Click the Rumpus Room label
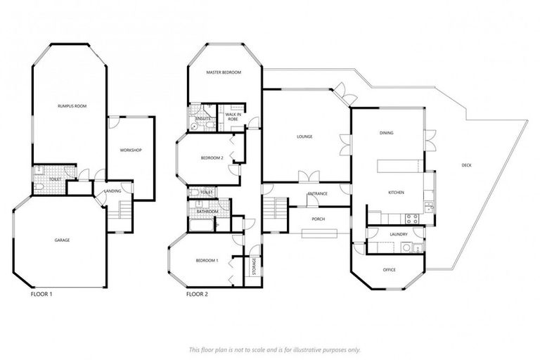click(72, 105)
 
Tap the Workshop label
click(131, 150)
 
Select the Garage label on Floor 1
click(62, 240)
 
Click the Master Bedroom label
click(224, 72)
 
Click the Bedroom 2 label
click(212, 158)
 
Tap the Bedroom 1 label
click(207, 260)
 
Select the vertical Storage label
click(253, 267)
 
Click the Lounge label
click(304, 136)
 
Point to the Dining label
click(386, 132)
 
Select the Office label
click(390, 269)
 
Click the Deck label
click(466, 165)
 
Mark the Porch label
click(318, 219)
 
